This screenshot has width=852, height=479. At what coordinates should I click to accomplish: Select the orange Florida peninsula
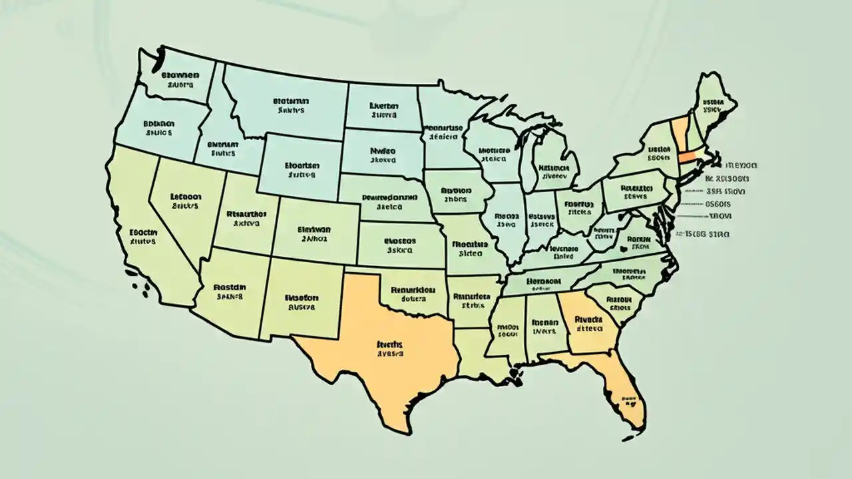pyautogui.click(x=622, y=393)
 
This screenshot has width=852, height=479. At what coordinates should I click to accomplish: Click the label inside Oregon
pyautogui.click(x=158, y=128)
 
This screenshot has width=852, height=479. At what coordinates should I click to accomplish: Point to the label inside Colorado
pyautogui.click(x=316, y=233)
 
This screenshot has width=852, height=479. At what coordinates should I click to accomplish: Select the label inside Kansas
pyautogui.click(x=400, y=247)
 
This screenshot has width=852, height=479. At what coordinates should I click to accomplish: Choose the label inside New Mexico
pyautogui.click(x=302, y=303)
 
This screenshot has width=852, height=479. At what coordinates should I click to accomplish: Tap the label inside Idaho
pyautogui.click(x=223, y=148)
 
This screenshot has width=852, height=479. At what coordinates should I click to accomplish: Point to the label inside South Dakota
pyautogui.click(x=383, y=155)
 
